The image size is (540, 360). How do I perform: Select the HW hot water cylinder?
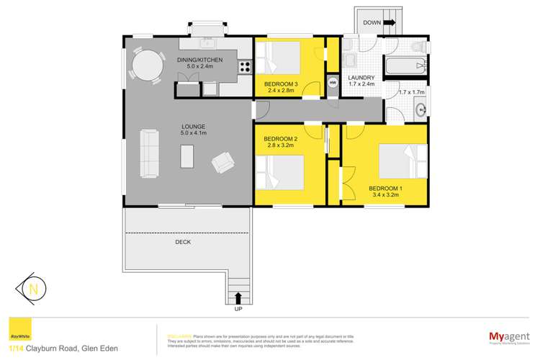[333, 84]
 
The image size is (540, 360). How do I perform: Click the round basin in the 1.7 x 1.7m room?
[422, 110]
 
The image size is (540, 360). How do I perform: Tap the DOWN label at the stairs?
[372, 22]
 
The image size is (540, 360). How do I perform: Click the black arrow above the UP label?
[238, 297]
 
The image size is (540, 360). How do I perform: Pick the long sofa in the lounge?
[150, 153]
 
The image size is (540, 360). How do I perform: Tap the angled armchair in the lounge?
[223, 163]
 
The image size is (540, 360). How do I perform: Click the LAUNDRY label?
[361, 78]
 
